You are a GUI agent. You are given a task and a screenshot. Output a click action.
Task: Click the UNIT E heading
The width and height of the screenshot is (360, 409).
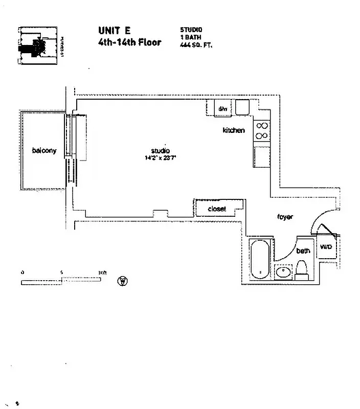click(x=114, y=31)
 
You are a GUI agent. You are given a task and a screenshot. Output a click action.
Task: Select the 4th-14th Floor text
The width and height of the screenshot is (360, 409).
click(x=129, y=42)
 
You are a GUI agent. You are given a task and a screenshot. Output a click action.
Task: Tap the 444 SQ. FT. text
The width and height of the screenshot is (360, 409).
click(x=196, y=44)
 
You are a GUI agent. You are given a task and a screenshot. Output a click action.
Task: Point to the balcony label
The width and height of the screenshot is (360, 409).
click(x=44, y=150)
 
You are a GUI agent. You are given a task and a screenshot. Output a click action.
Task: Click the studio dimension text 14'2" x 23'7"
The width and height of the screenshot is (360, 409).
click(x=160, y=158)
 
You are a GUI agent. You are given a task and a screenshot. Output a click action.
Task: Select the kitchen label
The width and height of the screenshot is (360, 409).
click(x=233, y=130)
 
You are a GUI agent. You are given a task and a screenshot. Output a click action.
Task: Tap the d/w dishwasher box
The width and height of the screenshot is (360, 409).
click(x=223, y=108)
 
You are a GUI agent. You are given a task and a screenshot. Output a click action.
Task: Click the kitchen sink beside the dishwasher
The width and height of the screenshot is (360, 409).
click(x=242, y=108)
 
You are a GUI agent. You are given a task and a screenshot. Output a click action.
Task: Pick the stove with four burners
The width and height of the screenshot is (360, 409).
click(x=262, y=130)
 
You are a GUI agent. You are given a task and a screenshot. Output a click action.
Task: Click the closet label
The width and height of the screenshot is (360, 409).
click(x=217, y=209)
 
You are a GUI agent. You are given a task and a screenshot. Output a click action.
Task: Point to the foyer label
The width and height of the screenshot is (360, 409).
click(x=285, y=217)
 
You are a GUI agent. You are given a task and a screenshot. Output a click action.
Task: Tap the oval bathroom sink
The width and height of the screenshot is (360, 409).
click(x=283, y=272)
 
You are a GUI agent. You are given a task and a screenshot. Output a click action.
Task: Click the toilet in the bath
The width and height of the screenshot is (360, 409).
click(x=302, y=269)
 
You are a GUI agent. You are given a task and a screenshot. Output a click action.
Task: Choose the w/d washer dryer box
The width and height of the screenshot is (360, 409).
click(x=326, y=247)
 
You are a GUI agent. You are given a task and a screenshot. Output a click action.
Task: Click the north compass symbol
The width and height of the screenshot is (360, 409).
click(x=122, y=281)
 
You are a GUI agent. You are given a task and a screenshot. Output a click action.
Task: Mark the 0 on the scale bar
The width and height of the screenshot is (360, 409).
click(x=22, y=272)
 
